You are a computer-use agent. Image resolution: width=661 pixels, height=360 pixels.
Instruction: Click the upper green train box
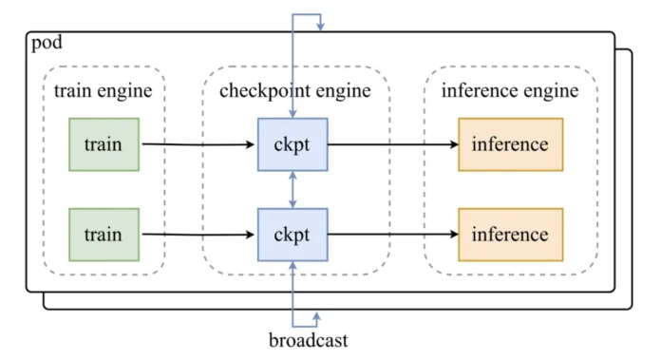[104, 144]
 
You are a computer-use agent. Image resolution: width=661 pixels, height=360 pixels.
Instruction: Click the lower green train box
[104, 235]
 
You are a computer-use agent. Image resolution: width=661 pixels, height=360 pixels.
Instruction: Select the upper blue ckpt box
[293, 144]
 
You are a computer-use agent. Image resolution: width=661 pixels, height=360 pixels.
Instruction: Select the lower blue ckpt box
[293, 235]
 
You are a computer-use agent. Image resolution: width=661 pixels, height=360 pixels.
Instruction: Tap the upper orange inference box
[510, 144]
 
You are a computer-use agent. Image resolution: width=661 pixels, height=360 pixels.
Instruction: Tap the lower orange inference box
[510, 235]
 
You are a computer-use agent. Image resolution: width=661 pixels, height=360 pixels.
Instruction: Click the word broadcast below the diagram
[308, 339]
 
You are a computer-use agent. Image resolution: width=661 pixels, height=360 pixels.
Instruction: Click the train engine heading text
[104, 91]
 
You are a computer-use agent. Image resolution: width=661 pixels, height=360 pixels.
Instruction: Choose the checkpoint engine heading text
[295, 91]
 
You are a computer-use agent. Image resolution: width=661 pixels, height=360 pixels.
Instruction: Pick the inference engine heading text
[510, 91]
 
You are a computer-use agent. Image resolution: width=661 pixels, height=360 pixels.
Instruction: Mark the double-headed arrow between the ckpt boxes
[293, 190]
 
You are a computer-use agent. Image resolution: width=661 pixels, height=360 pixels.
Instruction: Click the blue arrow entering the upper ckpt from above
[293, 76]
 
